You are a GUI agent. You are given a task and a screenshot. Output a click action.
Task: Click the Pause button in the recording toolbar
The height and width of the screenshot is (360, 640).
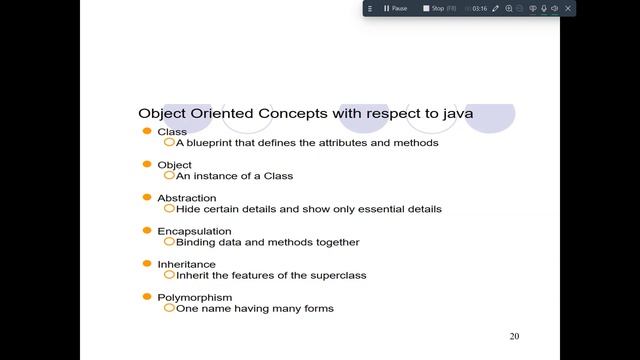(394, 8)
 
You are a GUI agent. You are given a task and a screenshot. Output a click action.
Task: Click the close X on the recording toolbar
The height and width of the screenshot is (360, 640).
(569, 8)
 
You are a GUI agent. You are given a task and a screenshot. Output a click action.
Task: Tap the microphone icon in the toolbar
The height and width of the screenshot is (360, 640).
(544, 8)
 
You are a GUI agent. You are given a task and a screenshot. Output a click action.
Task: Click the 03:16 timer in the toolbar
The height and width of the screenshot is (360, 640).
(479, 8)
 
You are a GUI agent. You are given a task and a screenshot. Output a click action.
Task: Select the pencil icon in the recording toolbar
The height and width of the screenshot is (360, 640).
(495, 8)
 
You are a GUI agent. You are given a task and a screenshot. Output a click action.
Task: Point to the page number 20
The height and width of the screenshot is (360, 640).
(514, 336)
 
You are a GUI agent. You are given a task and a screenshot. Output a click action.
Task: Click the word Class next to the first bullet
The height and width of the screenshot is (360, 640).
(172, 132)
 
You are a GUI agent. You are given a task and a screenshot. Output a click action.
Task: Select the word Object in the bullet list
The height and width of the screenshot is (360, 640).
(174, 165)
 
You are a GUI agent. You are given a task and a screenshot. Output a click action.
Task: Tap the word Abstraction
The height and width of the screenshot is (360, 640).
(186, 198)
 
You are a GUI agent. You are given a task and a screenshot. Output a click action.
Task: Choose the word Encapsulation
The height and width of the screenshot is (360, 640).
(194, 231)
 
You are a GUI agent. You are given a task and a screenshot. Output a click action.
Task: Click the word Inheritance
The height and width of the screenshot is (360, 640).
(186, 264)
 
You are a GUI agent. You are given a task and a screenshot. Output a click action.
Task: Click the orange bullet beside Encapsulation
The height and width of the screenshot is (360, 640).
(147, 230)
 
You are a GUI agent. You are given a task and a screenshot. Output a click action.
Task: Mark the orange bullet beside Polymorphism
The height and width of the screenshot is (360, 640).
(147, 296)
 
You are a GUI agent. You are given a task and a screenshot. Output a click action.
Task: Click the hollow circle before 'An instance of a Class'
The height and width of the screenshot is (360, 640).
(169, 175)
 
